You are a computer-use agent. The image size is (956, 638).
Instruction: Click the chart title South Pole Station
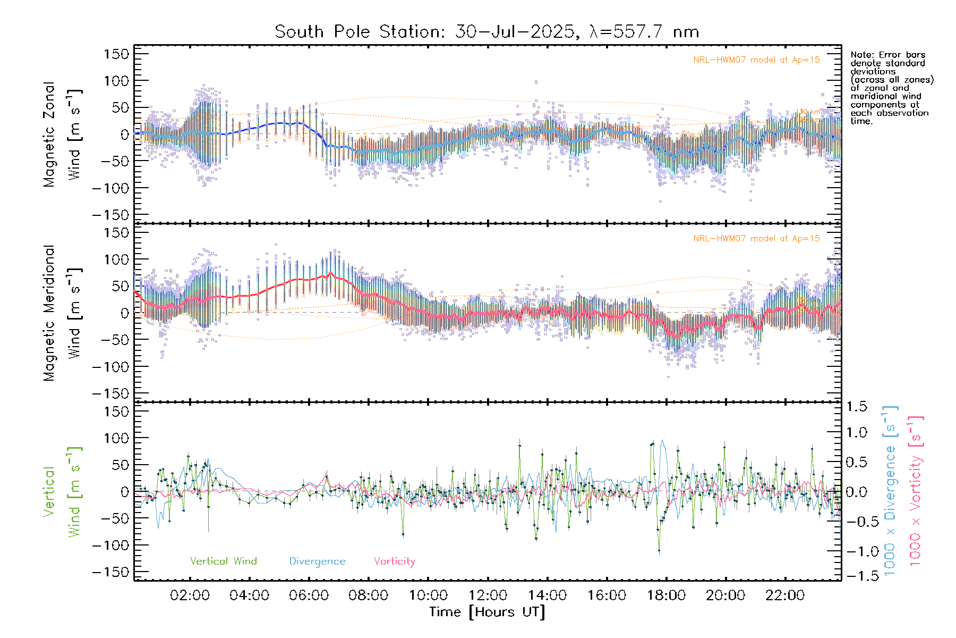pyautogui.click(x=486, y=32)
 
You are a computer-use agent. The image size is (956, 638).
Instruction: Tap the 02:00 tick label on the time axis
pyautogui.click(x=190, y=595)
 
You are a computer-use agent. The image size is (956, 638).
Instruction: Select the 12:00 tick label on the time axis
pyautogui.click(x=488, y=595)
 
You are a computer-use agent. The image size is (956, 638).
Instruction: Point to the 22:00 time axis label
pyautogui.click(x=785, y=595)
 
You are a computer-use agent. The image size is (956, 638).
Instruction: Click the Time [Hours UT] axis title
pyautogui.click(x=487, y=612)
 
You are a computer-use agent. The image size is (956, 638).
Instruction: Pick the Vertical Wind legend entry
pyautogui.click(x=223, y=561)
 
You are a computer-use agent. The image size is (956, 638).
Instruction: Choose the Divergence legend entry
pyautogui.click(x=317, y=561)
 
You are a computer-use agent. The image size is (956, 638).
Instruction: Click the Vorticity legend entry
pyautogui.click(x=394, y=561)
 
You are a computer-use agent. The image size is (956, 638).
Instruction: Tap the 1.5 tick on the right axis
pyautogui.click(x=856, y=407)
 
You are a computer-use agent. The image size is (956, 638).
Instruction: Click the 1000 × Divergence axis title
pyautogui.click(x=890, y=491)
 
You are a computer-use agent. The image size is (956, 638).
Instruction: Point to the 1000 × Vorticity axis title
pyautogui.click(x=916, y=491)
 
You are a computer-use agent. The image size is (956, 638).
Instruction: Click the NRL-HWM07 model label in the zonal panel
pyautogui.click(x=756, y=60)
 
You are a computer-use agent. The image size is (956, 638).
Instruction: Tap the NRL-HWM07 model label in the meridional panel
pyautogui.click(x=756, y=239)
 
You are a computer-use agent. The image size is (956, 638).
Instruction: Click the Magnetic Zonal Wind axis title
pyautogui.click(x=62, y=135)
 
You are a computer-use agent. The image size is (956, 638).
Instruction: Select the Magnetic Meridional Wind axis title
pyautogui.click(x=62, y=313)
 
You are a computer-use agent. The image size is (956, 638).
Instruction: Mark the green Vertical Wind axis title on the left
pyautogui.click(x=62, y=492)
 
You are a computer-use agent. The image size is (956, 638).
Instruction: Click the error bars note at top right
pyautogui.click(x=891, y=88)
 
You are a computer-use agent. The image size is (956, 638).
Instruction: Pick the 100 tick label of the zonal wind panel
pyautogui.click(x=117, y=81)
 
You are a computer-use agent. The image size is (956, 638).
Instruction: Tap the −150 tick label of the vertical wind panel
pyautogui.click(x=111, y=572)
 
